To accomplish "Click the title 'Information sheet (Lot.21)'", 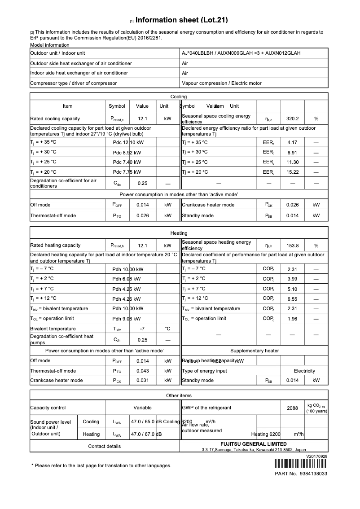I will click(x=181, y=20).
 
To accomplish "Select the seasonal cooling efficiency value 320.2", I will click(x=292, y=119).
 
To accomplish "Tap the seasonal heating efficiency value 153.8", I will click(x=292, y=246).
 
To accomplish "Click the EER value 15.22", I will click(x=292, y=172).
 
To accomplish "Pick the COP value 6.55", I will click(x=292, y=298).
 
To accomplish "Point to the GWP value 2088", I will click(x=292, y=408).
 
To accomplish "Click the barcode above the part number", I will click(x=301, y=464).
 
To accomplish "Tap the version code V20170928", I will click(x=317, y=456).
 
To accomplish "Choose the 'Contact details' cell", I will click(x=104, y=446).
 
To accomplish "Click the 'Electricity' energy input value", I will click(x=304, y=371).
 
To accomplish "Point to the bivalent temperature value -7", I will click(x=142, y=329).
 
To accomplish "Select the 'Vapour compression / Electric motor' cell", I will click(x=221, y=83).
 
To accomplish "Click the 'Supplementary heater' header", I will click(x=254, y=351).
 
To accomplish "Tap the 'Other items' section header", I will click(x=179, y=395).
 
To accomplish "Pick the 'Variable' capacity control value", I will click(x=142, y=408).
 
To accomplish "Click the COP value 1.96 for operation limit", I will click(x=292, y=319).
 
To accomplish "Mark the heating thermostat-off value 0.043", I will click(x=142, y=371).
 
